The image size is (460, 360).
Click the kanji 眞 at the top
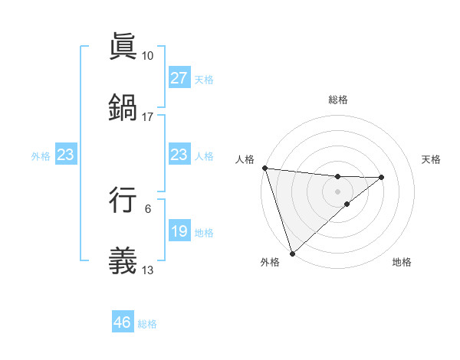click(x=123, y=46)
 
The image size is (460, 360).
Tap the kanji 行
click(x=123, y=198)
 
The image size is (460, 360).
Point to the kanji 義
click(x=123, y=258)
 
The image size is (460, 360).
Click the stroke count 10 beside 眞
click(x=147, y=56)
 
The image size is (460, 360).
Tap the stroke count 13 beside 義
click(x=147, y=269)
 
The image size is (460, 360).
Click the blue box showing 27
click(x=179, y=78)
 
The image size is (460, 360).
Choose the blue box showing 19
click(x=179, y=231)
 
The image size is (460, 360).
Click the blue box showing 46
click(x=123, y=322)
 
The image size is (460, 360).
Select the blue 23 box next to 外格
click(x=66, y=155)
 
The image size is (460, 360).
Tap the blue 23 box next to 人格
click(x=179, y=155)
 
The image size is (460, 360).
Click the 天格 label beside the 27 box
click(x=204, y=79)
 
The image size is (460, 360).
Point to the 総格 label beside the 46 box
click(x=147, y=323)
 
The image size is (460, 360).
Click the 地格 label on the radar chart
click(x=402, y=262)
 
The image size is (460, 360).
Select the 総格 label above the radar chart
click(x=338, y=100)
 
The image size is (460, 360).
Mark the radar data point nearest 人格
click(x=264, y=168)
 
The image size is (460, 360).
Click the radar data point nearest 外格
click(x=291, y=253)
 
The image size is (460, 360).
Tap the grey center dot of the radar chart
click(x=338, y=191)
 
